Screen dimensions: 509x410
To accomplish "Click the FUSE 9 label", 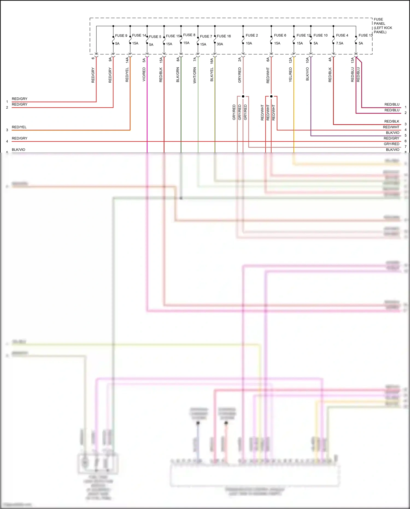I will tap(121, 36).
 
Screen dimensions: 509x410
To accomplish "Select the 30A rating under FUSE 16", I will tap(220, 44).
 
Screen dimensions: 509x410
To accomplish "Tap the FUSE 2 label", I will tap(251, 35).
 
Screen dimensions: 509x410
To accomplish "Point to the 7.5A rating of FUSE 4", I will tap(339, 43).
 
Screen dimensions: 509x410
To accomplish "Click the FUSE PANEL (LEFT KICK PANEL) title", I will tap(382, 26).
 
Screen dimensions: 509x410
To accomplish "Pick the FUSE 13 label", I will tap(365, 35).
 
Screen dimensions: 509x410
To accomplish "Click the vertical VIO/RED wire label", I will tap(144, 74).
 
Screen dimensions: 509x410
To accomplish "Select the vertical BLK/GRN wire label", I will tap(178, 75).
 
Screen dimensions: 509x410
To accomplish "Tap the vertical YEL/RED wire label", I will tap(291, 75).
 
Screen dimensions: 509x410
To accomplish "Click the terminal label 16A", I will tap(212, 61).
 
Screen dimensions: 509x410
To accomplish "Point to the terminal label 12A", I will tap(291, 60).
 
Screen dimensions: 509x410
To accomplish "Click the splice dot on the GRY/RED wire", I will tap(243, 96).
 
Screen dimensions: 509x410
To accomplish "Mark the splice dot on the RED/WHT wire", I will tap(271, 96).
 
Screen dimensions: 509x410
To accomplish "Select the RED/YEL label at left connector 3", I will tap(19, 127).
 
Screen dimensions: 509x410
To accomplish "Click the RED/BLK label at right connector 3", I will tap(391, 121).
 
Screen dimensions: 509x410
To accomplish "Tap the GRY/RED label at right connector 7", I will tap(391, 144).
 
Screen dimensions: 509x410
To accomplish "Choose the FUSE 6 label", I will tap(280, 35).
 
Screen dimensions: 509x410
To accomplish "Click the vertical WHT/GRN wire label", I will tap(195, 75).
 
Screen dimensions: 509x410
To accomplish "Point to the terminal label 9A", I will tap(110, 59).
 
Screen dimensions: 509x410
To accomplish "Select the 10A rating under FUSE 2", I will tap(249, 43).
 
